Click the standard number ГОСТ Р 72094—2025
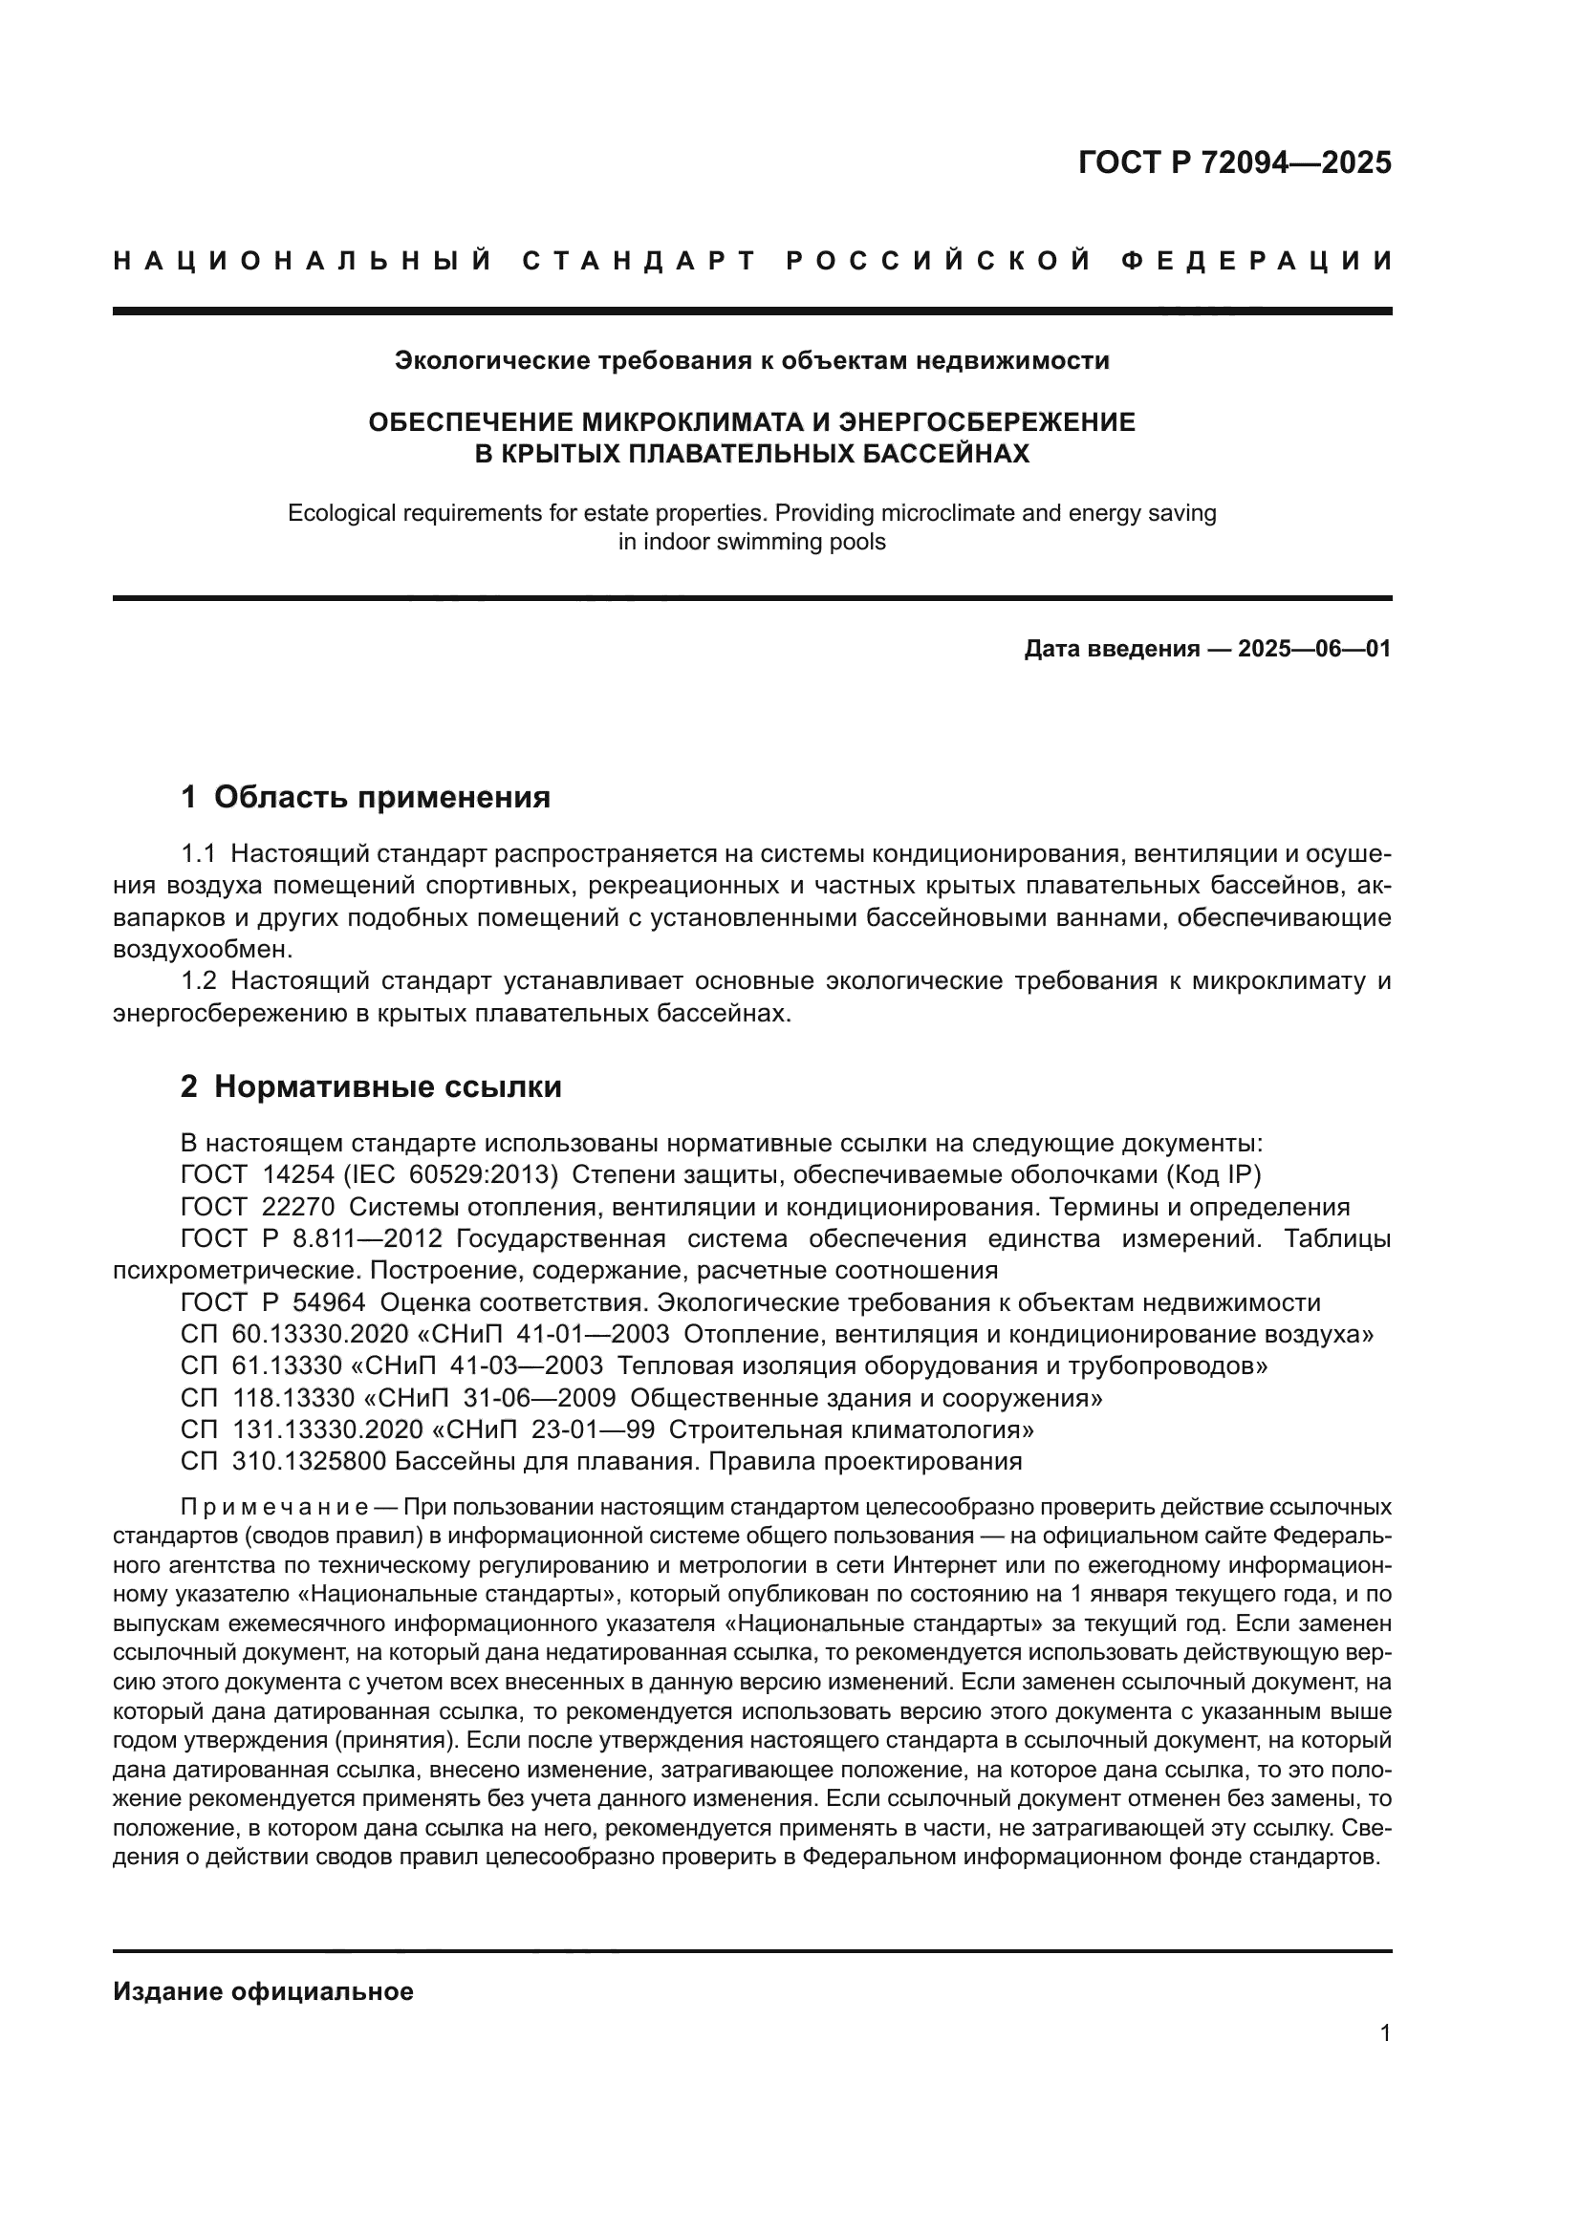pyautogui.click(x=1233, y=161)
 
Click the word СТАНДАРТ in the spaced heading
pyautogui.click(x=639, y=261)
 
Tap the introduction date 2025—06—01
pyautogui.click(x=1314, y=648)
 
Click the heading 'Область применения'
pyautogui.click(x=381, y=797)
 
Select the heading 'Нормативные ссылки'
pyautogui.click(x=387, y=1086)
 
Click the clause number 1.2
pyautogui.click(x=199, y=981)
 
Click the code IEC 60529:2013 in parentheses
pyautogui.click(x=451, y=1175)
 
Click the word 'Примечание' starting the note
pyautogui.click(x=273, y=1508)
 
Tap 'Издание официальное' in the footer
pyautogui.click(x=263, y=1991)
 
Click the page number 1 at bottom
pyautogui.click(x=1384, y=2032)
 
